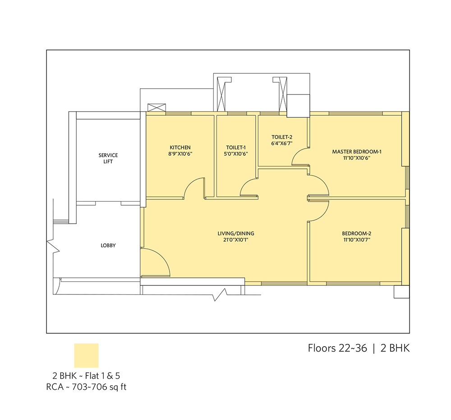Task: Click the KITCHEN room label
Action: (180, 148)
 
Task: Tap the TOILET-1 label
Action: (236, 148)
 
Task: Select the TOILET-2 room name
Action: (282, 137)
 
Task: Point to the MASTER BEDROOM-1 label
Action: (357, 152)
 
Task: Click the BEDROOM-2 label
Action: (357, 233)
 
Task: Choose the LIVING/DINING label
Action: (236, 233)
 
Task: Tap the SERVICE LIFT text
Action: (108, 158)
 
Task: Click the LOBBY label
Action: (108, 245)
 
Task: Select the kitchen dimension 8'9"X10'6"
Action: (180, 154)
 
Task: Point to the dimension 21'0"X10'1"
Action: (236, 240)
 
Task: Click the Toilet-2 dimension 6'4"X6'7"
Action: (282, 143)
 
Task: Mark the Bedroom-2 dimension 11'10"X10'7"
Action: (357, 240)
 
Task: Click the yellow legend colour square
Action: (86, 356)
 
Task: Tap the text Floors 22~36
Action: (337, 348)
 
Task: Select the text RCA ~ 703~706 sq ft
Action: (86, 387)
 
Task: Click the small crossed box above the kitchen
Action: (157, 108)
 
